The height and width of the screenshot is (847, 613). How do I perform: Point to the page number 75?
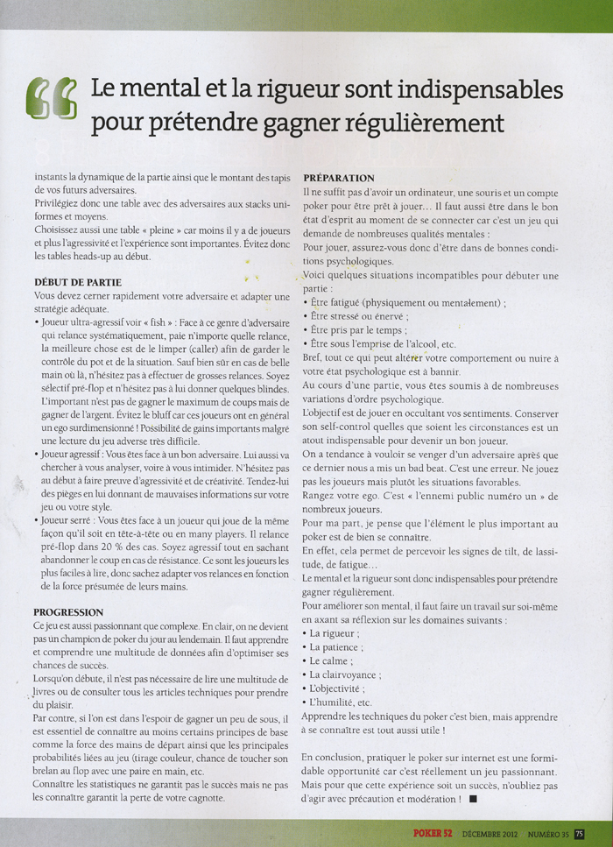[x=580, y=833]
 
